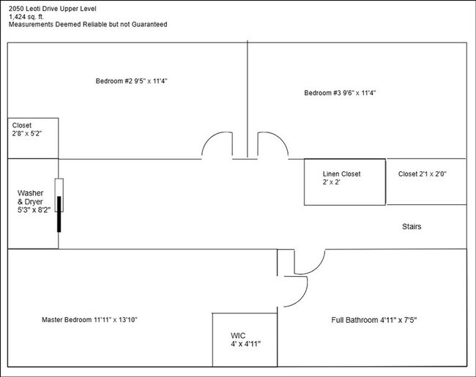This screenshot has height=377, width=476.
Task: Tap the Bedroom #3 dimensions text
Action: (x=358, y=93)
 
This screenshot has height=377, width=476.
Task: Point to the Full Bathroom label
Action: (x=374, y=320)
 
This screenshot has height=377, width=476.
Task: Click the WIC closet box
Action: (x=245, y=338)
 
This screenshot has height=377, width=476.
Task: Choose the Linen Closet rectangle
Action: (x=344, y=182)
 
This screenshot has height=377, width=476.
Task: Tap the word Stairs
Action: (x=412, y=227)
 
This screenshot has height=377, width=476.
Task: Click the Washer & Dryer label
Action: (x=33, y=201)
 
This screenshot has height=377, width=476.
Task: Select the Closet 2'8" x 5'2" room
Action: (x=33, y=138)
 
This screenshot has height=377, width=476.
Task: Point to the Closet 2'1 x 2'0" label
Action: (x=426, y=174)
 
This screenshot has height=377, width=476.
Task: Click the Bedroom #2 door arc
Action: (x=217, y=145)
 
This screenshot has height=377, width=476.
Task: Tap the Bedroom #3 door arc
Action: (x=272, y=145)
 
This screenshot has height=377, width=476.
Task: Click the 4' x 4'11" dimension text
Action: (x=245, y=343)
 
